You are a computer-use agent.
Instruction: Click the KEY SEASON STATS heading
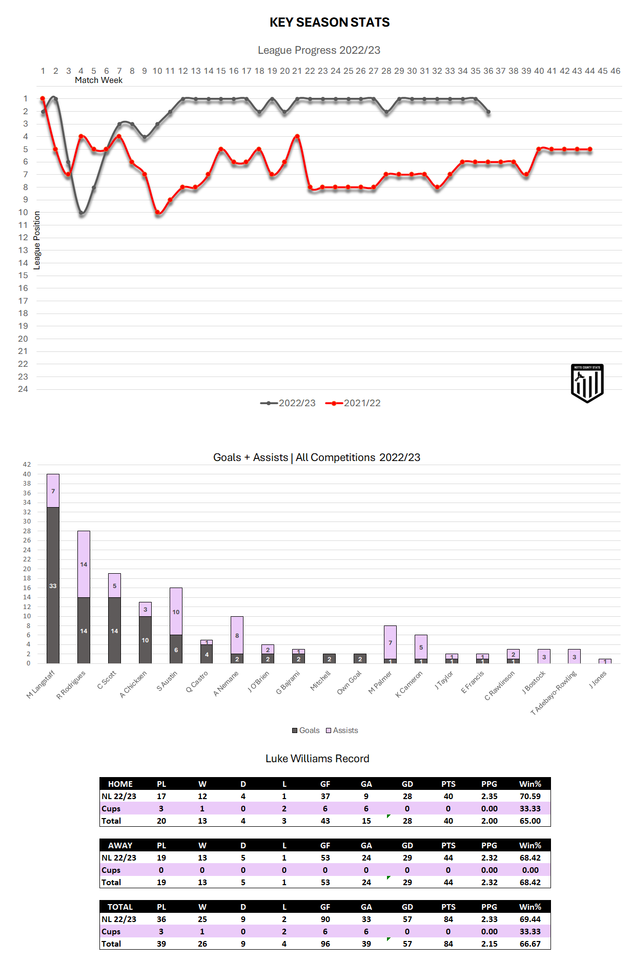pos(330,23)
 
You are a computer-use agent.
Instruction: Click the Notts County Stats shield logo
pos(587,383)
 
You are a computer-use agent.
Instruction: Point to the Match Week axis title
pos(98,80)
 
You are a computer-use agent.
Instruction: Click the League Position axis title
pos(37,240)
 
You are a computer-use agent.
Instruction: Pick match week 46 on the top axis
pos(615,71)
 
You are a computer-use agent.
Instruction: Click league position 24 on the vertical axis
pos(23,389)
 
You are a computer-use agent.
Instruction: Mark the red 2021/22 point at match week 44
pos(590,150)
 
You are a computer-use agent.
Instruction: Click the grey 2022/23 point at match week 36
pos(488,112)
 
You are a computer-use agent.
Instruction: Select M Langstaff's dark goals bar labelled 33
pos(53,585)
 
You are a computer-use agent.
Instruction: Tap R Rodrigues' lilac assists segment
pos(84,564)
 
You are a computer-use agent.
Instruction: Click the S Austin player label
pos(167,681)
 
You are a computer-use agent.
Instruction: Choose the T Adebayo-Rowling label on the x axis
pos(554,693)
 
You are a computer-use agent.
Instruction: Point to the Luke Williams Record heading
pos(317,759)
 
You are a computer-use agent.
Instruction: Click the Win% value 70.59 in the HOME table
pos(530,797)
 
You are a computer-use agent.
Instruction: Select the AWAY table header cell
pos(120,846)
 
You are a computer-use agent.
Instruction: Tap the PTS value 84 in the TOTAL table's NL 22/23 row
pos(448,919)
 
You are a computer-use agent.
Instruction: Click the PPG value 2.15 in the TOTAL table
pos(489,944)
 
